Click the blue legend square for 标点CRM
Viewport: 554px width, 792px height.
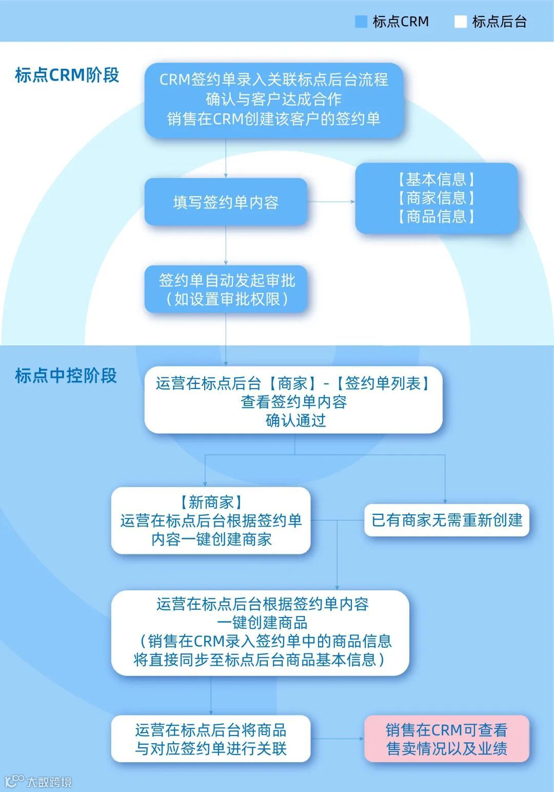[x=361, y=22]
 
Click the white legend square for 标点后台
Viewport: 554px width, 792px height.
[x=460, y=22]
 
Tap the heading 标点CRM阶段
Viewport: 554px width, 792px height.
[x=67, y=75]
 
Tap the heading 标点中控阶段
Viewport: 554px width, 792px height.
[x=66, y=376]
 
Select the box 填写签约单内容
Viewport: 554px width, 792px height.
[x=226, y=202]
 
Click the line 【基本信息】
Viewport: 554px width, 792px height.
[x=436, y=180]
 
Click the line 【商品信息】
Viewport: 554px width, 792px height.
[x=436, y=217]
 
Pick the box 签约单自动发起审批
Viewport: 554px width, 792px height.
[x=226, y=289]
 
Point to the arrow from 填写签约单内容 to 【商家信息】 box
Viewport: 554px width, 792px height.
[x=331, y=202]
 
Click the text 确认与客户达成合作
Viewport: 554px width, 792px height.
[x=273, y=99]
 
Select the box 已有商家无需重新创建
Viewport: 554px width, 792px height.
[x=446, y=520]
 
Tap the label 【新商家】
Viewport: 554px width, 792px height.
[x=211, y=502]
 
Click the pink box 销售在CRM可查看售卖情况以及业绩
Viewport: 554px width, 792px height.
[x=446, y=739]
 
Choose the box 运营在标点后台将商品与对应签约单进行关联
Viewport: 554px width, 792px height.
[x=211, y=739]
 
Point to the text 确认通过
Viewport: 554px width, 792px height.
[x=295, y=421]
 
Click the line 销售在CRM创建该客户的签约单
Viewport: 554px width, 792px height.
[x=273, y=119]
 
